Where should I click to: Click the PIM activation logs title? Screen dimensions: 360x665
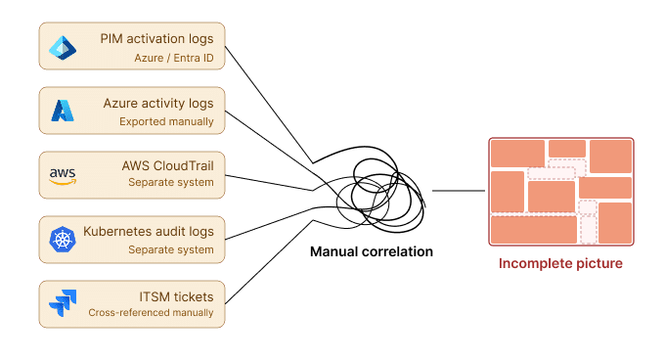click(x=162, y=38)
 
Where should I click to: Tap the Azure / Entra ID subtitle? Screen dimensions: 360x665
click(x=173, y=58)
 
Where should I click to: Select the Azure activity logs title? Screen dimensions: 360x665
click(x=158, y=103)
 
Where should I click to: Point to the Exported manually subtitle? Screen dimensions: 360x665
click(x=166, y=121)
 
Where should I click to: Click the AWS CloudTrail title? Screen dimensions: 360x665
click(x=167, y=165)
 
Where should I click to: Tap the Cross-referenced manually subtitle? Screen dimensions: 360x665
click(x=151, y=313)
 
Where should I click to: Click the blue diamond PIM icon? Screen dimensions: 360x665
click(x=63, y=47)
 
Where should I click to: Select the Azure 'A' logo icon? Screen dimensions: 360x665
click(x=63, y=111)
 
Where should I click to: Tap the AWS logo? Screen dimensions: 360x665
click(x=63, y=176)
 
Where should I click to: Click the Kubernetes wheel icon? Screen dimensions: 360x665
click(x=63, y=240)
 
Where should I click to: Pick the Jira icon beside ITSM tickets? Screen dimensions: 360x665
click(x=63, y=304)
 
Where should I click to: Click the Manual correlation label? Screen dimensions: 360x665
click(x=371, y=251)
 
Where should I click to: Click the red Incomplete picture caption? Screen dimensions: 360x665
click(x=560, y=263)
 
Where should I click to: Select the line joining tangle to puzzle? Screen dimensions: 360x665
click(x=459, y=191)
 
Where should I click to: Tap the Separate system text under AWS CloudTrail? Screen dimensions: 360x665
click(x=170, y=185)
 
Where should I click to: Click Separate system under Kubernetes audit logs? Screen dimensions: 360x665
click(x=170, y=249)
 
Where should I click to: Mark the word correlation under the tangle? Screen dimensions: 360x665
click(x=394, y=251)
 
